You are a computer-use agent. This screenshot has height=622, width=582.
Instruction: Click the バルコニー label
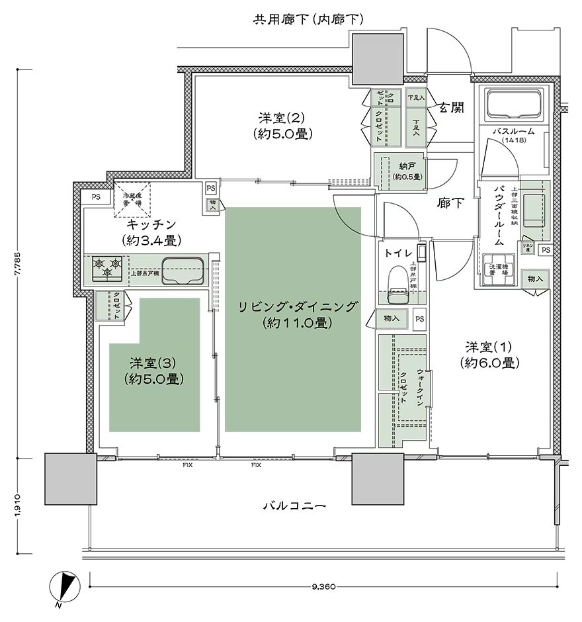click(294, 506)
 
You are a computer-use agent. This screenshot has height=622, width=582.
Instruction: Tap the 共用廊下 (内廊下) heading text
click(309, 20)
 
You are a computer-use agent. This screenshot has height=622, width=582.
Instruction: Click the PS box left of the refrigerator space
click(97, 196)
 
